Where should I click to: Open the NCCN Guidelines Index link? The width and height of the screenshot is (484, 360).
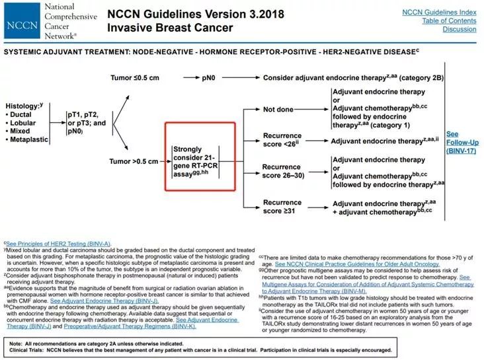click(438, 12)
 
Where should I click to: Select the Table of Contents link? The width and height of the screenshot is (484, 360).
click(449, 20)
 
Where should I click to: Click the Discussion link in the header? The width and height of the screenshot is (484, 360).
click(459, 29)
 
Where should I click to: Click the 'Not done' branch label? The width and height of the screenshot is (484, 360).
click(278, 110)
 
